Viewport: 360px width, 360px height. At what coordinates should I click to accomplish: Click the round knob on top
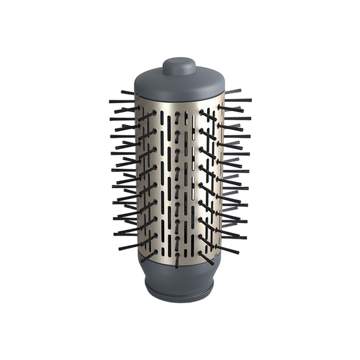point(179,65)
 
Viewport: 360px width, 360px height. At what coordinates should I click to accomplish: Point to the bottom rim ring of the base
point(179,292)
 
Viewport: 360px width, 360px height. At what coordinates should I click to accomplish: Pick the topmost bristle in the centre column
point(178,116)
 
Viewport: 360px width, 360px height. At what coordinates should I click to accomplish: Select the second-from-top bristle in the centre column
point(178,135)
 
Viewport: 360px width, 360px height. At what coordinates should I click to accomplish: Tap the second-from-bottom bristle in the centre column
point(177,241)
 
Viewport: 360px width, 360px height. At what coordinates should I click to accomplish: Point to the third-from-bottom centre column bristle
point(177,223)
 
